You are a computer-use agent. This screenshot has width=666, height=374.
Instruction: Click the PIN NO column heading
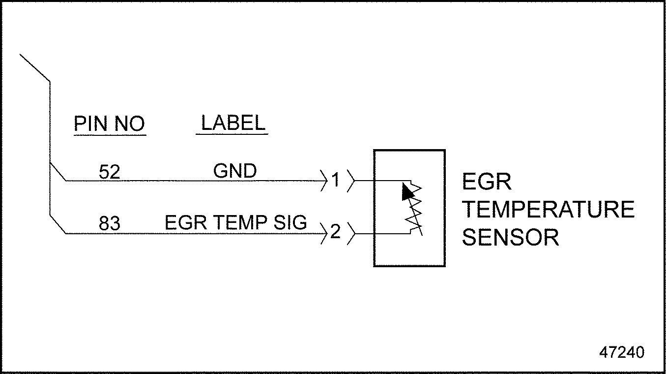coord(109,124)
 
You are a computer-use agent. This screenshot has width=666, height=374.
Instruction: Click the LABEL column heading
coord(233,123)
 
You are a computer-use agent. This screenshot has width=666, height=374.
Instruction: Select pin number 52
coord(109,172)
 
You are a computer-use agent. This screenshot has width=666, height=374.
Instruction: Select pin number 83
coord(109,224)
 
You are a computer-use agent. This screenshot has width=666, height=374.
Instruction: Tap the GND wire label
coord(234,171)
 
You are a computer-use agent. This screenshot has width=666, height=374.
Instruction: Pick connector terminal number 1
coord(335,181)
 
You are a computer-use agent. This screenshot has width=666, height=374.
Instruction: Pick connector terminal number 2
coord(335,232)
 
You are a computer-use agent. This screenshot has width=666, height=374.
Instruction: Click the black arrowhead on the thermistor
coord(407,192)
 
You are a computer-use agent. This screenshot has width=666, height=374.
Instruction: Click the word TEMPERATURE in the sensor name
coord(548,210)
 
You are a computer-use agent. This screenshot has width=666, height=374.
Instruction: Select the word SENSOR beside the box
coord(511,238)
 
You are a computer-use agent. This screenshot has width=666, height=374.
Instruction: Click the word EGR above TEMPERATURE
coord(487,182)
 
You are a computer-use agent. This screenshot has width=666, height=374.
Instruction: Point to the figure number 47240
coord(621,352)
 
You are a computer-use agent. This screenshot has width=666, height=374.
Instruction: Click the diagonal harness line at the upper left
coord(34,67)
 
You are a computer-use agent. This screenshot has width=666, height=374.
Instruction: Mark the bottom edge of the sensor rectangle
coord(409,266)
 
